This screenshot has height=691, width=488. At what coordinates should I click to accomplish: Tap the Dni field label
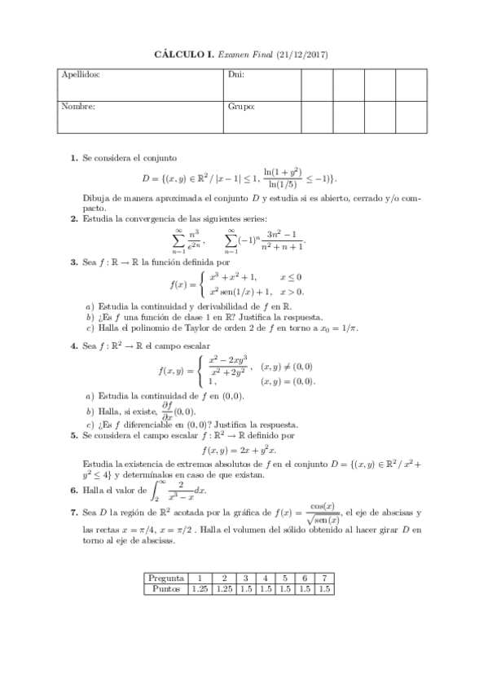[x=235, y=75]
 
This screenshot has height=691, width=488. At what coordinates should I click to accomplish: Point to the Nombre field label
[x=78, y=106]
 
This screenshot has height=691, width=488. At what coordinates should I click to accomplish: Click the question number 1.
[x=74, y=158]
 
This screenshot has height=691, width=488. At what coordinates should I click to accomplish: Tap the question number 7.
[x=74, y=513]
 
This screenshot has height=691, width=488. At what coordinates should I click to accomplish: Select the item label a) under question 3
[x=90, y=306]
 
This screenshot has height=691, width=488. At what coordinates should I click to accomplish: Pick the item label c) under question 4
[x=90, y=424]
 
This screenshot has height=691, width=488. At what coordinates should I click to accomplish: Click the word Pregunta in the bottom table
[x=165, y=578]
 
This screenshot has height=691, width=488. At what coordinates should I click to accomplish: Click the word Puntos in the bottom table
[x=165, y=588]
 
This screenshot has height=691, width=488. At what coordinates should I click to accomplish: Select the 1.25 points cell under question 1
[x=200, y=588]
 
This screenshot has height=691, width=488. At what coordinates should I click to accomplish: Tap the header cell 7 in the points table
[x=325, y=578]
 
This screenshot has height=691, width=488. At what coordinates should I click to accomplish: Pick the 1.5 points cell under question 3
[x=246, y=588]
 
